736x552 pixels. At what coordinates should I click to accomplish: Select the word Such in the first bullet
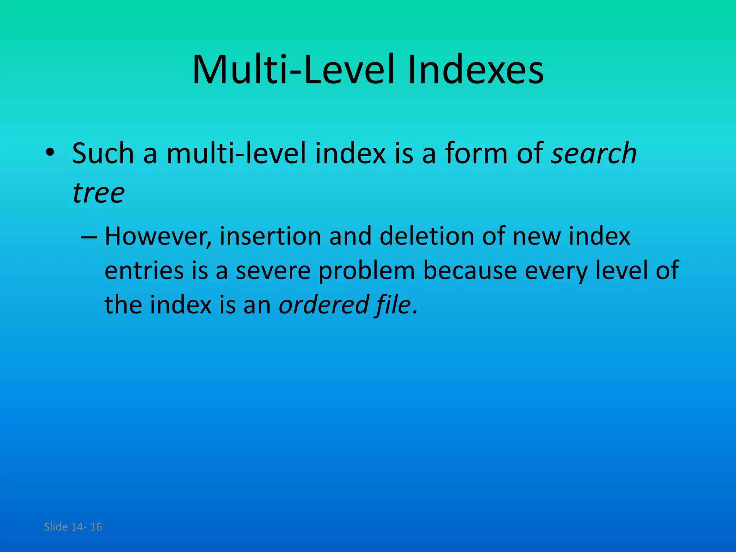[x=103, y=153]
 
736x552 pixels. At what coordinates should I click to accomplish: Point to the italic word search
[x=594, y=153]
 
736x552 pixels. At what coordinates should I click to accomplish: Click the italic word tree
[x=98, y=193]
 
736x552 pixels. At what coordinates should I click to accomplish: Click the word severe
[x=273, y=271]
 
